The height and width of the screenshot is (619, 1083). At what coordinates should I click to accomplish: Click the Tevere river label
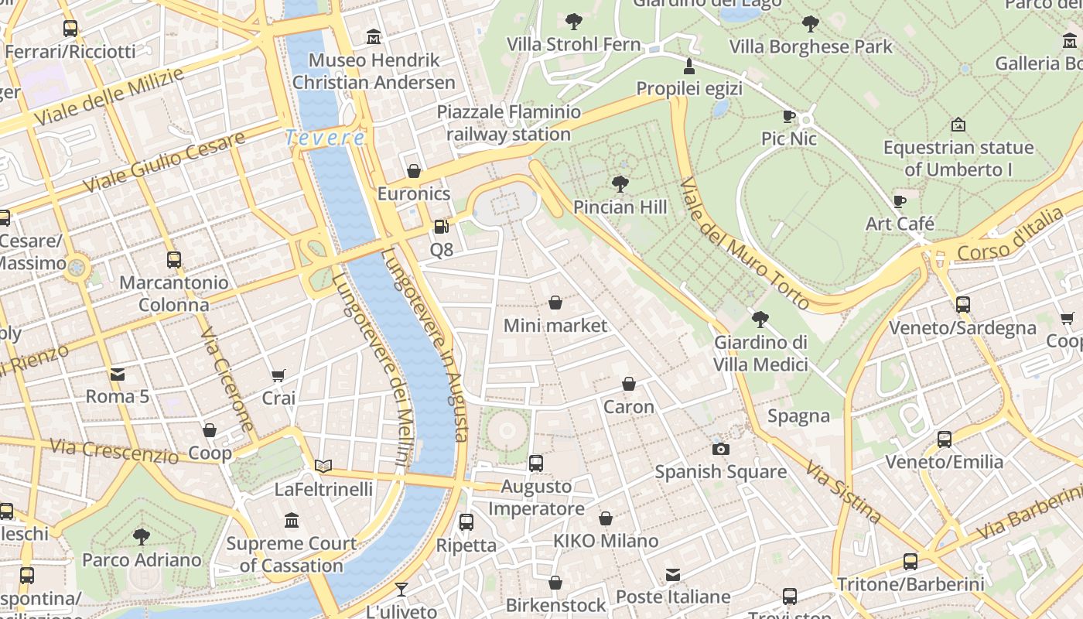click(x=325, y=139)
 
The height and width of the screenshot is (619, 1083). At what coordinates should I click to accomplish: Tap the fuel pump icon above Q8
click(x=441, y=227)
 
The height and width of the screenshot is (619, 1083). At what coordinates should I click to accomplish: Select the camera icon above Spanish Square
click(x=720, y=449)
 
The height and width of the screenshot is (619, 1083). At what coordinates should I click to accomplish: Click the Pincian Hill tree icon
click(x=620, y=184)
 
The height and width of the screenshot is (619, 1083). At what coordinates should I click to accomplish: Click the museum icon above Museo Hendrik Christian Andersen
click(x=374, y=36)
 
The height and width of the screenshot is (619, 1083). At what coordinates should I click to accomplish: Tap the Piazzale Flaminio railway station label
click(x=508, y=123)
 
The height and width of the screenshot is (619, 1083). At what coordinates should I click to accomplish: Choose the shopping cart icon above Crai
click(x=278, y=375)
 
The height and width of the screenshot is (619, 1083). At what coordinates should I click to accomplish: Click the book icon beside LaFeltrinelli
click(x=323, y=466)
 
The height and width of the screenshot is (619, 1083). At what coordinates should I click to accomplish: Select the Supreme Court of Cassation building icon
click(x=292, y=520)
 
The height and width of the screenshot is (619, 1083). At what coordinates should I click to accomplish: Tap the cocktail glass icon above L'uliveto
click(x=401, y=590)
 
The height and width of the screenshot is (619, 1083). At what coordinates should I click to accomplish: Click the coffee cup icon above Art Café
click(x=899, y=201)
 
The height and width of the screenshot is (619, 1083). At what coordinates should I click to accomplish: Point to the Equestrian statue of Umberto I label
click(x=958, y=158)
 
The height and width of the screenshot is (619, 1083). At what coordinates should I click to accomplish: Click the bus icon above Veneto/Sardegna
click(x=962, y=305)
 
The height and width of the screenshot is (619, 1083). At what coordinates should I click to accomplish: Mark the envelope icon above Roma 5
click(x=117, y=374)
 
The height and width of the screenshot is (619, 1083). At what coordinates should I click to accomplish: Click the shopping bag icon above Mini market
click(x=555, y=303)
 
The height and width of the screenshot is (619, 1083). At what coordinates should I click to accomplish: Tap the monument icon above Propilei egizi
click(x=689, y=66)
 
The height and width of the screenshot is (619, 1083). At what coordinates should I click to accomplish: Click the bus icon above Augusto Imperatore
click(x=536, y=463)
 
